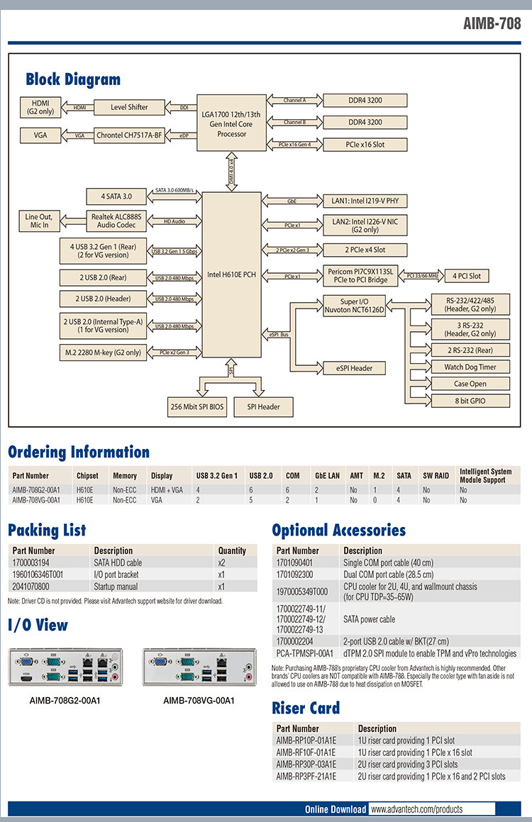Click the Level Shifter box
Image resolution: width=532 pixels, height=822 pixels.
coord(128,107)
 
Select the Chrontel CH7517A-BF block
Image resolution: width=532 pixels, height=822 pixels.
coord(128,135)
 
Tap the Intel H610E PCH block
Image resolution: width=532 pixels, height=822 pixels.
coord(231,274)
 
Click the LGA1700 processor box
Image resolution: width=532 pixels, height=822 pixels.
coord(232,124)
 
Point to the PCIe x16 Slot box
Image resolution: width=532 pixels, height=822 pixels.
coord(365,145)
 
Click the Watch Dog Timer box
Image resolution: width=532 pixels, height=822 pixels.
coord(470,367)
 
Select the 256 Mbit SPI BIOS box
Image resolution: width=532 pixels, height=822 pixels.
coord(196,406)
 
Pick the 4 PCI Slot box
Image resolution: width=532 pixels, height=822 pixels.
coord(466,276)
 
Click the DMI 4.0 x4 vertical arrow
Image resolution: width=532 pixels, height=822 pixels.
coord(231,172)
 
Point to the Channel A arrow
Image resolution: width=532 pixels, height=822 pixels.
coord(294,101)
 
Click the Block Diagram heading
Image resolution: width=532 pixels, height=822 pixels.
coord(73,79)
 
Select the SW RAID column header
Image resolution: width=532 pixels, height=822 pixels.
coord(436,475)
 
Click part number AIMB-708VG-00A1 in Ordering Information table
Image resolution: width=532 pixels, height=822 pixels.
coord(36,500)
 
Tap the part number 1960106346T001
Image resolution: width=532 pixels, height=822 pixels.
coord(38,574)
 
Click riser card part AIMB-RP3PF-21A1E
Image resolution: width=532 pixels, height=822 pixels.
coord(306,777)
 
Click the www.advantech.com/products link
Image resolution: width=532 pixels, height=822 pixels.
coord(416,809)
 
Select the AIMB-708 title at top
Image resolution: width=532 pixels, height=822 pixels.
coord(492,23)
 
